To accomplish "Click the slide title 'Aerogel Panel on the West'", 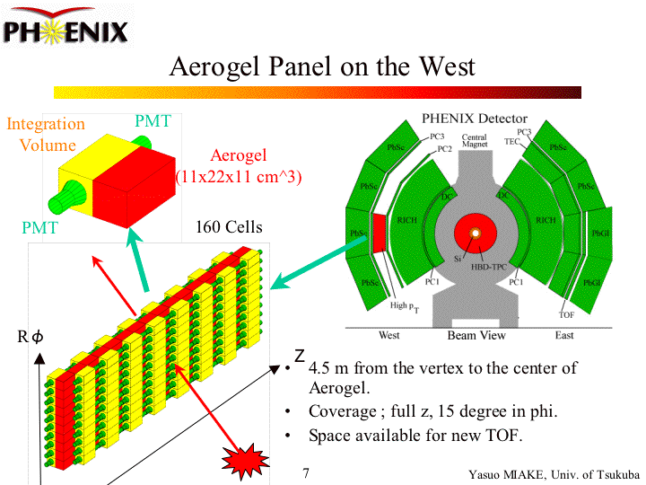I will pos(322,67).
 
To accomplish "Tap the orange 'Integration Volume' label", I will pos(47,134).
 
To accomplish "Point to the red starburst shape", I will pos(245,463).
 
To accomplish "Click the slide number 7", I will pos(306,472).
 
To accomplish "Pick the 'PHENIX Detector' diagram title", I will pos(475,119).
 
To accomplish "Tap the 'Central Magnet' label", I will pos(475,140).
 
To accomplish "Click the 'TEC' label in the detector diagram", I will pos(511,141).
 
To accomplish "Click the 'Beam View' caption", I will pos(476,336).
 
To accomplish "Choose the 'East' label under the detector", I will pos(564,335).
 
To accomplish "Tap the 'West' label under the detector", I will pos(388,335).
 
